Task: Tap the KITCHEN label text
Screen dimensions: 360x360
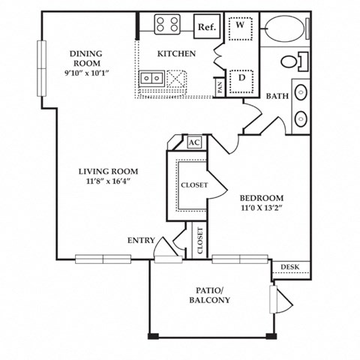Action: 176,54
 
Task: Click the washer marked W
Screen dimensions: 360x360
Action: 241,25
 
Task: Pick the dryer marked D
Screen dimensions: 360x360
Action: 241,77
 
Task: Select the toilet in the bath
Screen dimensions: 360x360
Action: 293,61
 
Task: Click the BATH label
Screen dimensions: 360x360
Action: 277,95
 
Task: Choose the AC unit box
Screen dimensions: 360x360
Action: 193,142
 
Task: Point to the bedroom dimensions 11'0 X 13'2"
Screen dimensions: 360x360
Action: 262,207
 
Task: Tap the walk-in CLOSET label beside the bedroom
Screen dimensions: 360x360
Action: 194,185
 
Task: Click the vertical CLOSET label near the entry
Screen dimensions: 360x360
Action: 200,241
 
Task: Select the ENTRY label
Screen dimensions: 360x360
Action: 141,240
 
